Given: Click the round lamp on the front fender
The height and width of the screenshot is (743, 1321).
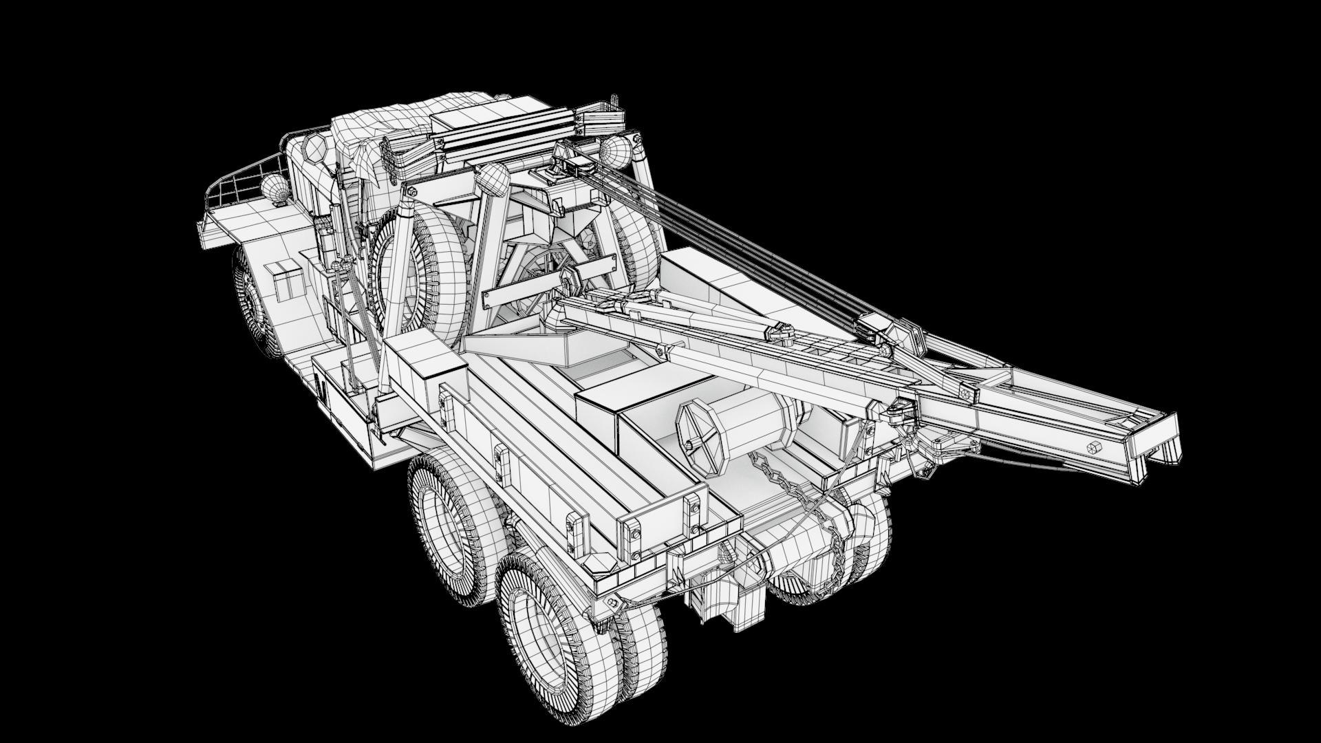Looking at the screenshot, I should [x=272, y=188].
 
